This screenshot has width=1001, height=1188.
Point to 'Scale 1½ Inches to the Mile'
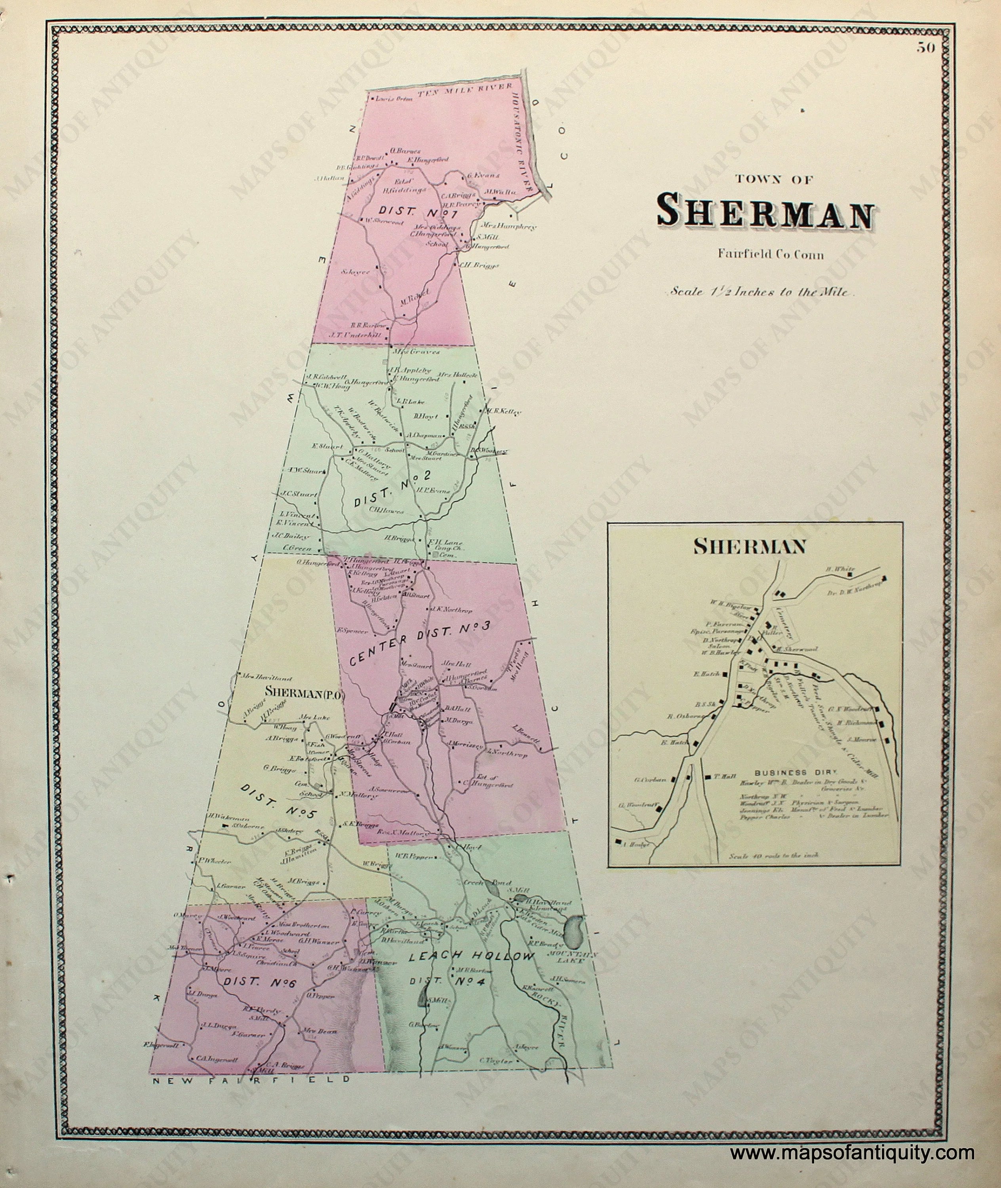(x=760, y=293)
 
